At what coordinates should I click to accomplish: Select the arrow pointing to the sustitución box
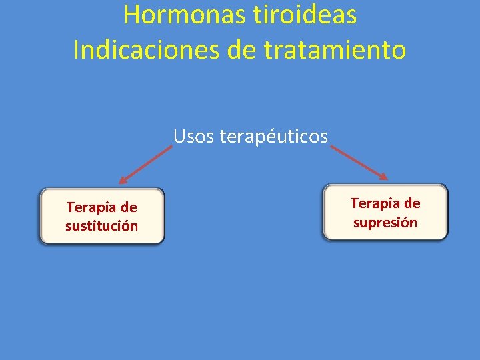click(x=145, y=165)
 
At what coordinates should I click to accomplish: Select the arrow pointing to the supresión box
click(x=359, y=162)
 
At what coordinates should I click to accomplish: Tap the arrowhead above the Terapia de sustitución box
click(x=123, y=180)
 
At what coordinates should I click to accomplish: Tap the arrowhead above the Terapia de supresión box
click(x=383, y=176)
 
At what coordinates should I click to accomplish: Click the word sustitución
click(x=101, y=226)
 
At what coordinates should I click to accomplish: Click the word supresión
click(x=385, y=223)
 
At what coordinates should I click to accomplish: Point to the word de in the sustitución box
click(x=129, y=208)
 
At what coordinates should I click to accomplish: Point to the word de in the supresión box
click(x=412, y=203)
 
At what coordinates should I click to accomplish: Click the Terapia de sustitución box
click(x=101, y=216)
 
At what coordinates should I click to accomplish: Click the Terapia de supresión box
click(x=385, y=212)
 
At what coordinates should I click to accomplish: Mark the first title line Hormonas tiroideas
click(x=240, y=15)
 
